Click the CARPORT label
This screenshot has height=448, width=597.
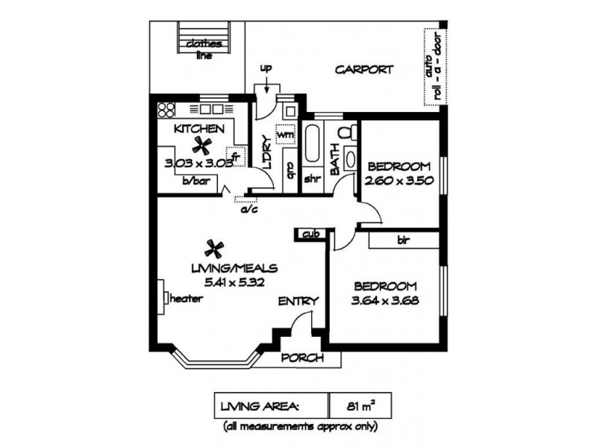pos(363,69)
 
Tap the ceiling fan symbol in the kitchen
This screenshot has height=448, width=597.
pos(201,145)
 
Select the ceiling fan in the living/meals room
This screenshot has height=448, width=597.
pos(214,249)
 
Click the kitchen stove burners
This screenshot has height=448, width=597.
pos(166,110)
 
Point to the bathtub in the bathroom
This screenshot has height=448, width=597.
pos(312,143)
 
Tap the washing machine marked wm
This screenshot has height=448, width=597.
pos(285,134)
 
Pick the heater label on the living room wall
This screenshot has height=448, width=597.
pos(186,298)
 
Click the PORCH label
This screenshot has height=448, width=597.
pos(302,358)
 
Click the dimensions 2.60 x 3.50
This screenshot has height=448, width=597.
pos(399,180)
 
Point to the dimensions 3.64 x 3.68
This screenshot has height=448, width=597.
pos(385,301)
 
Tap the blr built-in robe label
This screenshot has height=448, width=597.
pos(403,240)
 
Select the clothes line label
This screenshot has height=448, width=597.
pos(204,49)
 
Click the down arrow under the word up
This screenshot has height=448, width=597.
pos(266,84)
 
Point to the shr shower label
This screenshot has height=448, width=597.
pos(313,178)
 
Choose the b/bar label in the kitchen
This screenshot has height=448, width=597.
pos(196,181)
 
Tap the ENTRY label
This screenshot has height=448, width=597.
pos(298,302)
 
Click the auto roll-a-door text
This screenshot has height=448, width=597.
pos(435,67)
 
